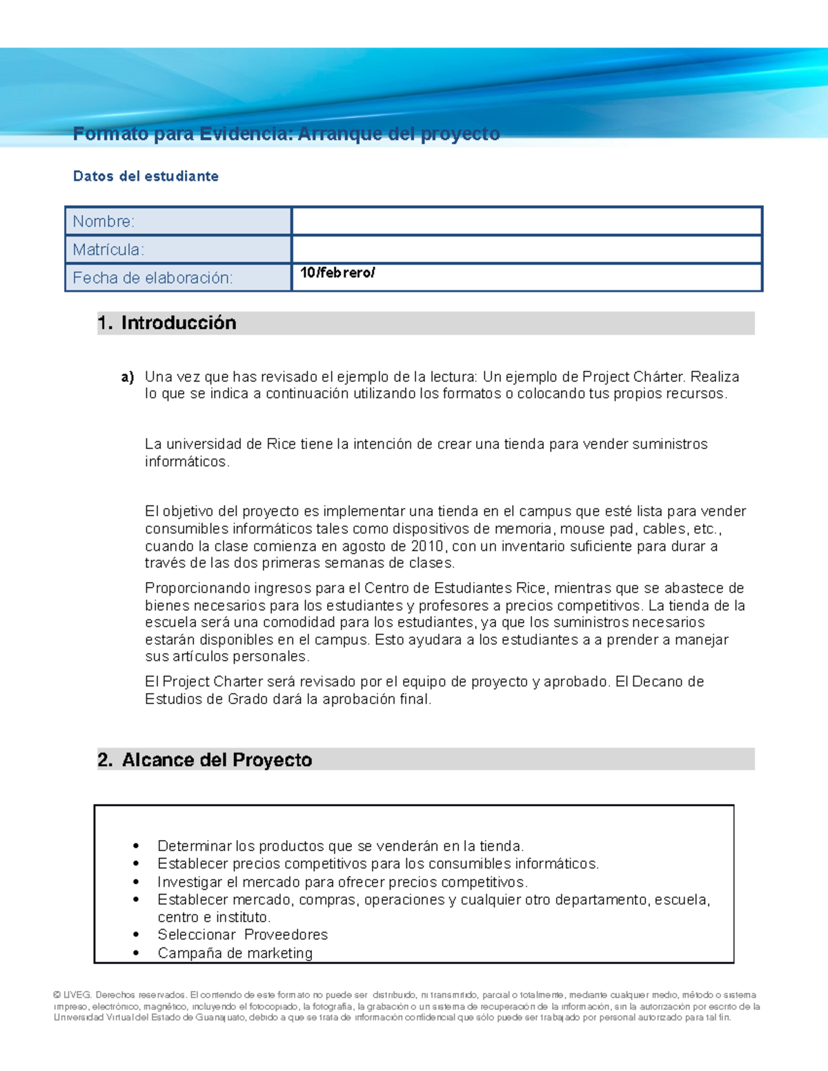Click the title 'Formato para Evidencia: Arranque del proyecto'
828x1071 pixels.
pos(286,134)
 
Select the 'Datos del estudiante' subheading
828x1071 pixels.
pos(146,177)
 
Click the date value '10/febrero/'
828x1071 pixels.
pos(337,273)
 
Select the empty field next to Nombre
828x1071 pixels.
pos(526,221)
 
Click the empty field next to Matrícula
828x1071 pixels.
pos(526,250)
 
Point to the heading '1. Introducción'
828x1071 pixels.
pos(167,323)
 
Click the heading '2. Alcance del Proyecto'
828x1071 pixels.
pos(205,760)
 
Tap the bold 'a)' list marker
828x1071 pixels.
pos(128,377)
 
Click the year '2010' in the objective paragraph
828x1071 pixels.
pos(427,546)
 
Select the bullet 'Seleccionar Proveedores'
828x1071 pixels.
pos(242,935)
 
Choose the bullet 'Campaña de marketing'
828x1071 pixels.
pos(235,953)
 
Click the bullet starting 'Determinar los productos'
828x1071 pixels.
pos(340,846)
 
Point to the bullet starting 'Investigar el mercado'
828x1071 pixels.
pos(342,882)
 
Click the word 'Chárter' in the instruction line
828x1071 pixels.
pos(659,377)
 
